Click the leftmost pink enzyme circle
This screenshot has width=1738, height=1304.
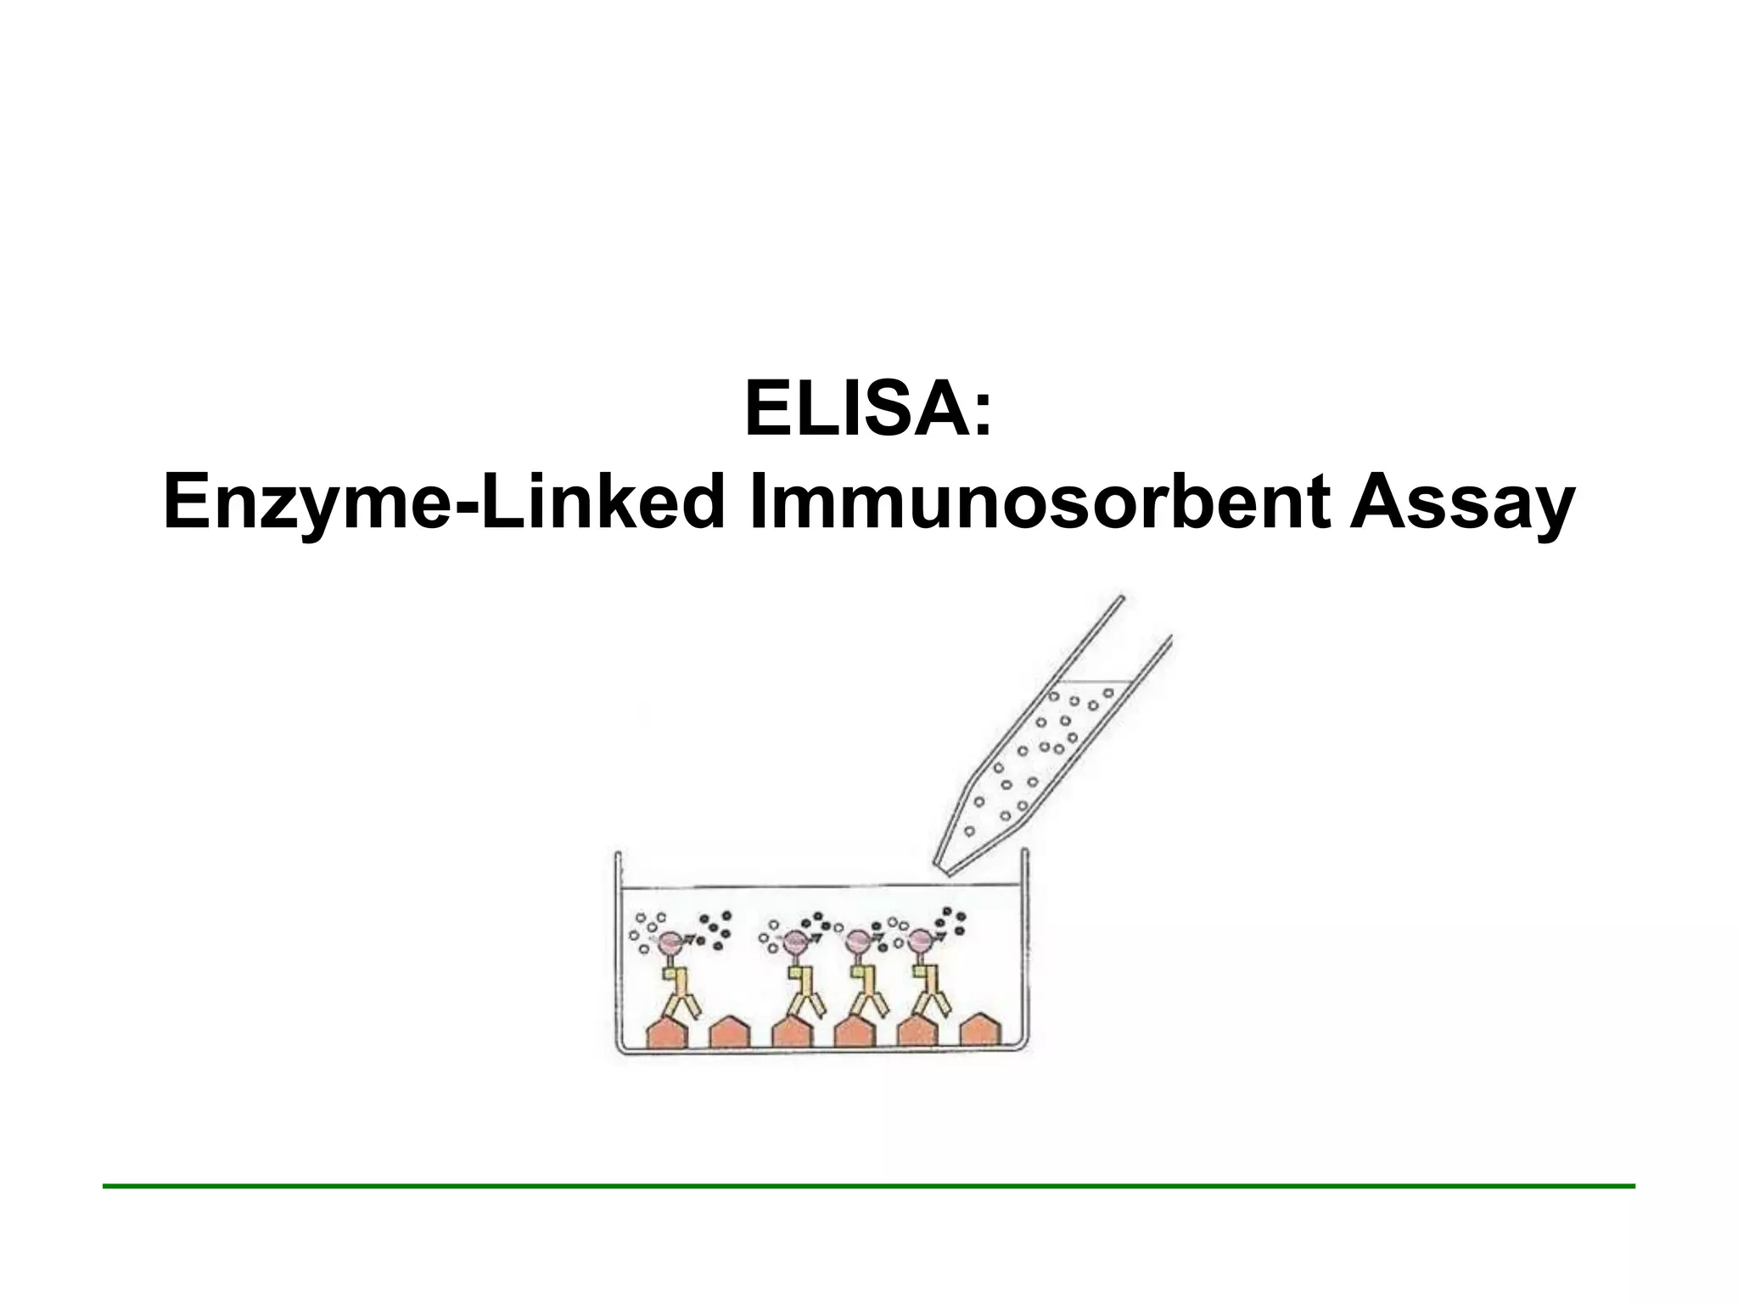[669, 941]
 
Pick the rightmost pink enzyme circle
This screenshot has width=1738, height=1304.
[920, 941]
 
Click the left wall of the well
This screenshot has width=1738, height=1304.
[617, 951]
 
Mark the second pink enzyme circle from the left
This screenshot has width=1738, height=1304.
[794, 941]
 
